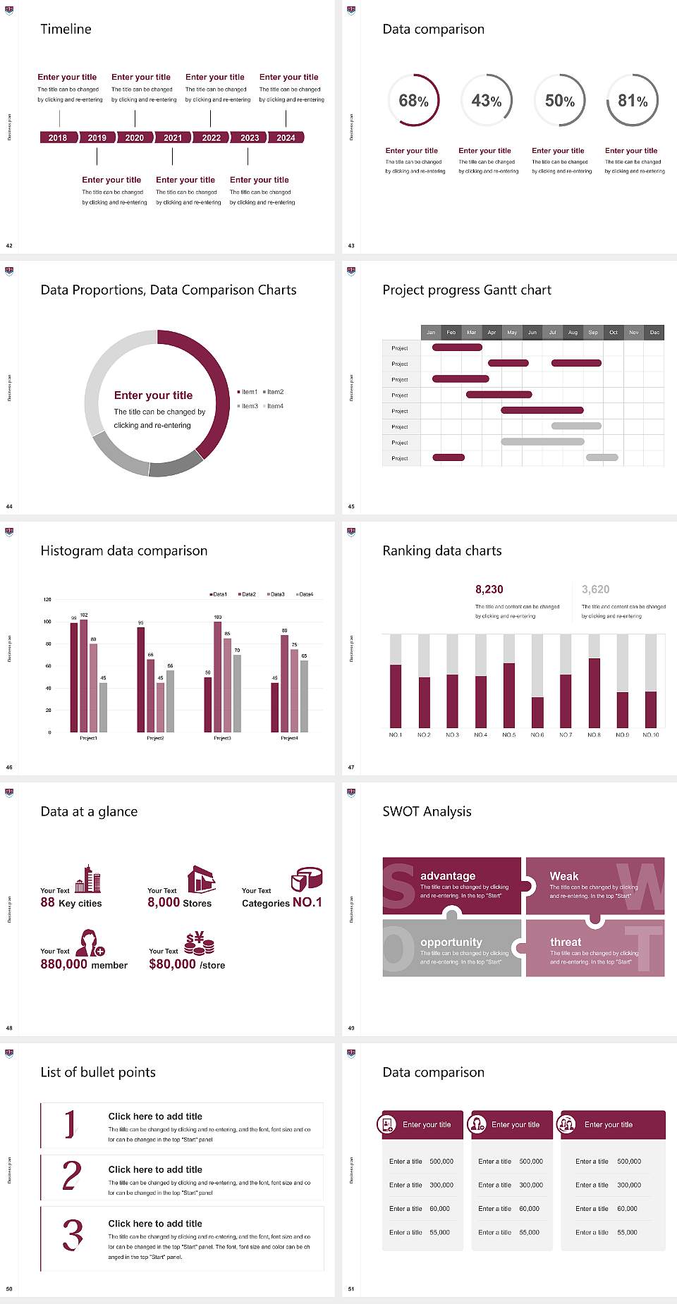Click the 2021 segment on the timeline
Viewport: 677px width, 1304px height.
[173, 137]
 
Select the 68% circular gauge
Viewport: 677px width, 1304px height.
[414, 101]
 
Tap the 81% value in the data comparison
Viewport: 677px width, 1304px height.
[633, 101]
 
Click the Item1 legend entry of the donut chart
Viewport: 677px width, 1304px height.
[248, 392]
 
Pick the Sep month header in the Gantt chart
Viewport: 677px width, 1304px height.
[593, 332]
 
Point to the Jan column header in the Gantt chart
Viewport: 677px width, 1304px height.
[431, 332]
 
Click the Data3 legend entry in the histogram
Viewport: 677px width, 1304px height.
[276, 594]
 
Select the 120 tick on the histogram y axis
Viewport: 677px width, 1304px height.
[47, 599]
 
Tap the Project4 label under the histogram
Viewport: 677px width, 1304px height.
[289, 738]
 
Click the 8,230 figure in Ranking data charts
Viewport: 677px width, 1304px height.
[489, 589]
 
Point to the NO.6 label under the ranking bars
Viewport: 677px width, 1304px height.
[537, 734]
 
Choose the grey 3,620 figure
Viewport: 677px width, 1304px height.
[596, 589]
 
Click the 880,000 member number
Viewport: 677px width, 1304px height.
[64, 964]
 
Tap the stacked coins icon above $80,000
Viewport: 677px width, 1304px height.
[200, 943]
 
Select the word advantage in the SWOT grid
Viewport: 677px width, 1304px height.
[448, 875]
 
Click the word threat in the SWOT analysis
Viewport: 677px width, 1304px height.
[566, 942]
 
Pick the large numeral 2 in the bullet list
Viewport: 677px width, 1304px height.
[72, 1176]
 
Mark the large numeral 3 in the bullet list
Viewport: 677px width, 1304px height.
[73, 1235]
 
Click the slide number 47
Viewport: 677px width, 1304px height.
[351, 767]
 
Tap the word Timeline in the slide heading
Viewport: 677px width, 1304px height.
[66, 29]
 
